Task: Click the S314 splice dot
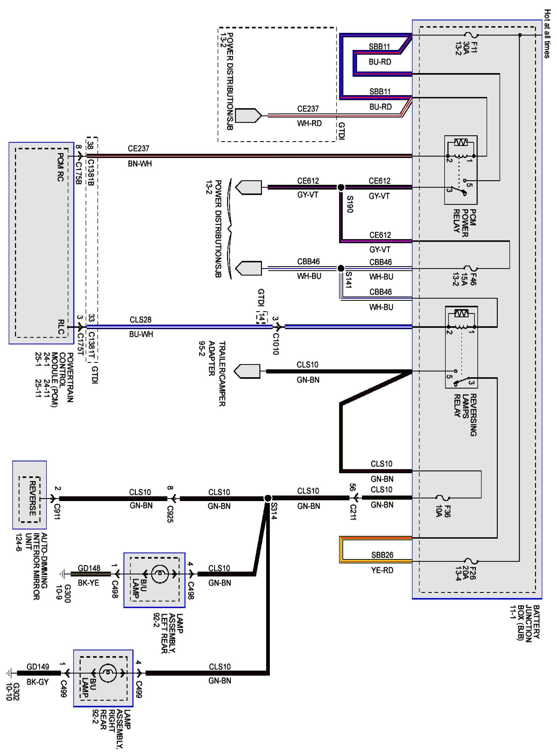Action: coord(268,498)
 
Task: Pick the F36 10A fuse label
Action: coord(443,511)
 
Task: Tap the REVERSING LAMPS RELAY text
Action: coord(465,415)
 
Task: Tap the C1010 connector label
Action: coord(275,344)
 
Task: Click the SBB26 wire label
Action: coord(382,555)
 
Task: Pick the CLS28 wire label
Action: coord(141,319)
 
